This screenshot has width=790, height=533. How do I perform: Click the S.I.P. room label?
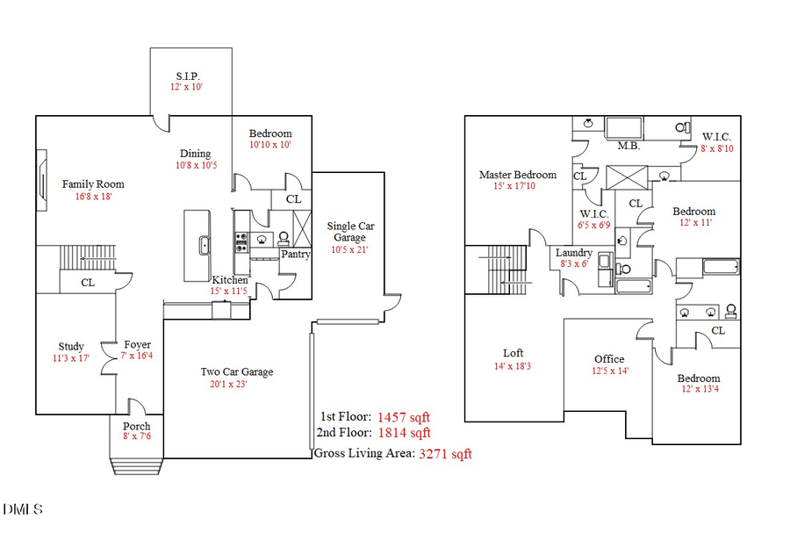pyautogui.click(x=186, y=76)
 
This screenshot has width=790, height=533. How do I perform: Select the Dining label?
pyautogui.click(x=196, y=153)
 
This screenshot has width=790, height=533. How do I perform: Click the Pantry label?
pyautogui.click(x=294, y=255)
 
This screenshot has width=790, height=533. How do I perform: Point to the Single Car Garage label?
pyautogui.click(x=350, y=232)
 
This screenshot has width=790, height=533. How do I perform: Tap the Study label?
pyautogui.click(x=71, y=346)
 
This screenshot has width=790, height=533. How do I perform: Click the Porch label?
pyautogui.click(x=136, y=427)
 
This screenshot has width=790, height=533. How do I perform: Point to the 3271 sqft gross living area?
pyautogui.click(x=445, y=454)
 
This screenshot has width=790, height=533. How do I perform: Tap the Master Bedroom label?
pyautogui.click(x=518, y=175)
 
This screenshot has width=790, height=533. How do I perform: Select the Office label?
pyautogui.click(x=609, y=358)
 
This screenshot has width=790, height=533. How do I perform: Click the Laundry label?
pyautogui.click(x=574, y=253)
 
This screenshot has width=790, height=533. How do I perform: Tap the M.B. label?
pyautogui.click(x=628, y=146)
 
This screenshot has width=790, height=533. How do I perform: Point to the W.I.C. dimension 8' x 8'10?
pyautogui.click(x=717, y=148)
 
